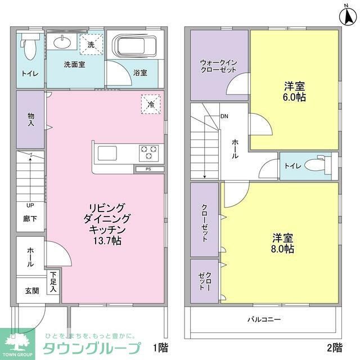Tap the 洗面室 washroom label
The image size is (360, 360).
74,64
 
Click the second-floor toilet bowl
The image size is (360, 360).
318,166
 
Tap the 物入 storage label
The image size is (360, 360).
31,119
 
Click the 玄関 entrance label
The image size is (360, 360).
31,291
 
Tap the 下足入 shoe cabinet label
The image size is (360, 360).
53,282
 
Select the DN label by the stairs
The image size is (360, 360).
224,117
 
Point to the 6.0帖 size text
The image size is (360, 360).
294,97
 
